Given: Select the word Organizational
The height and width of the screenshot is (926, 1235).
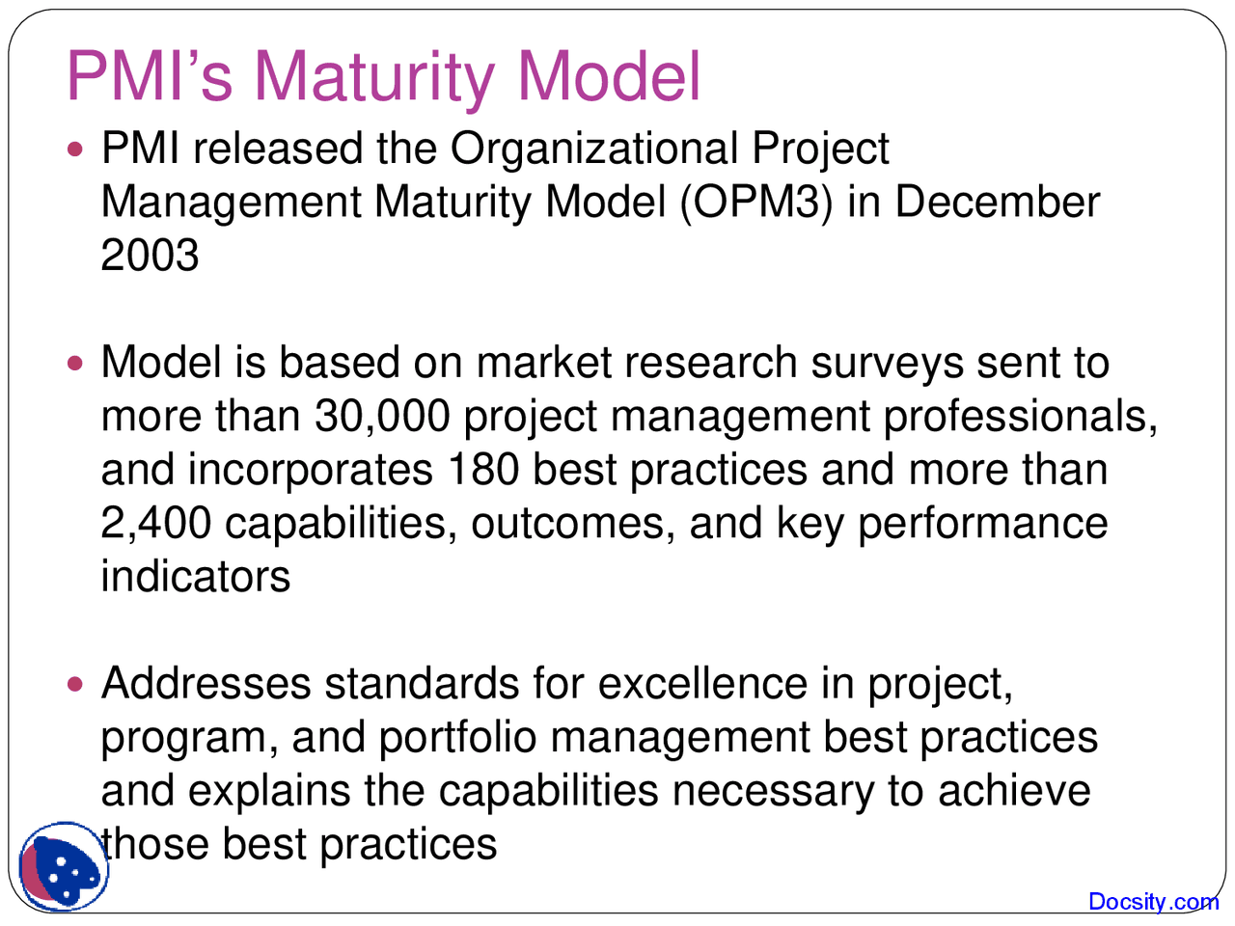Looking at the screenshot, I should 593,149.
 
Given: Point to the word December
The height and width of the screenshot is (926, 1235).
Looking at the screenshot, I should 998,203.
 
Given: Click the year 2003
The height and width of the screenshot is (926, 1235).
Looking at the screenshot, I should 150,256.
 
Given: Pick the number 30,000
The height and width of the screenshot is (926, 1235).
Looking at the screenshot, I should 382,417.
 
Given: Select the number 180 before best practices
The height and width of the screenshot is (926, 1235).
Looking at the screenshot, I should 483,470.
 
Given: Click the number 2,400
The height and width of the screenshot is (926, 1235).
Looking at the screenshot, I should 155,523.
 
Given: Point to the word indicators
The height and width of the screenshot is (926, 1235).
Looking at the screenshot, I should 195,577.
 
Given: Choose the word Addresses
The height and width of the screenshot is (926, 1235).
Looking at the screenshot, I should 206,684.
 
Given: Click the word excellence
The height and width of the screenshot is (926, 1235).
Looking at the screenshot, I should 702,684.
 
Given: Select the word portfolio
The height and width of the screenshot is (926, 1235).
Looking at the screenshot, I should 457,738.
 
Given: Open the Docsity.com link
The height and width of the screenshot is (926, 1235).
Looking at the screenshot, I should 1153,902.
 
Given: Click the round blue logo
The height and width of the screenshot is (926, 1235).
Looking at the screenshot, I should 64,867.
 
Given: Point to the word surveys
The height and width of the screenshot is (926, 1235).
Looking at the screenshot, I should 887,364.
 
